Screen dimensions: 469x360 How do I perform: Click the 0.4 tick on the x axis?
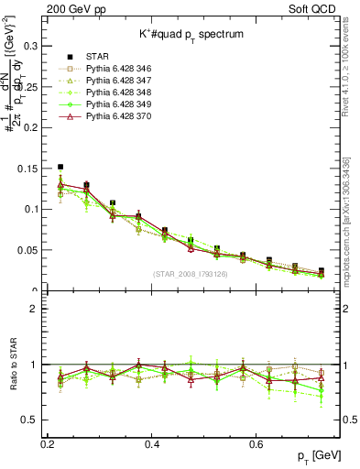pos(153,443)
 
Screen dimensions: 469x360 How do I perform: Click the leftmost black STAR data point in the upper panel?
pos(60,168)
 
